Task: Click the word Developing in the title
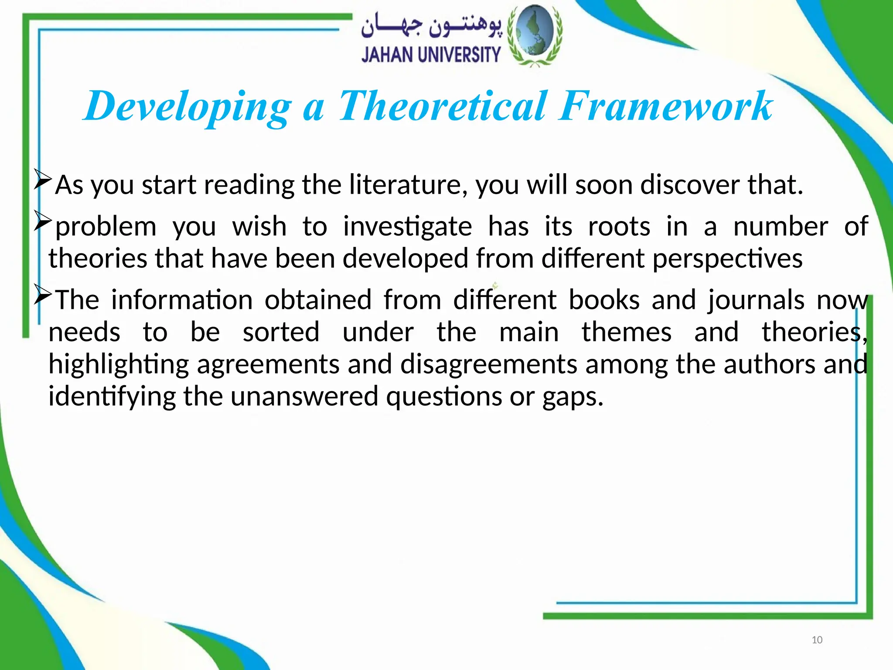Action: (187, 106)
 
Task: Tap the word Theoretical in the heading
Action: (443, 106)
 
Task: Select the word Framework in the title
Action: (666, 106)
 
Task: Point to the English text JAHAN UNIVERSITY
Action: (431, 55)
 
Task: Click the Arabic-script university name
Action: (431, 27)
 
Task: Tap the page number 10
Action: (817, 640)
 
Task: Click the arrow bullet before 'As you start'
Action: (43, 180)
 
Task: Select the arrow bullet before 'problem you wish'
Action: (43, 222)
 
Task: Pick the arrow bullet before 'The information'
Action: (43, 295)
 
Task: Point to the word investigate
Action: (407, 227)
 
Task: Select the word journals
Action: (756, 301)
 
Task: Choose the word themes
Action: (627, 332)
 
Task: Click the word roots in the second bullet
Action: (619, 227)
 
